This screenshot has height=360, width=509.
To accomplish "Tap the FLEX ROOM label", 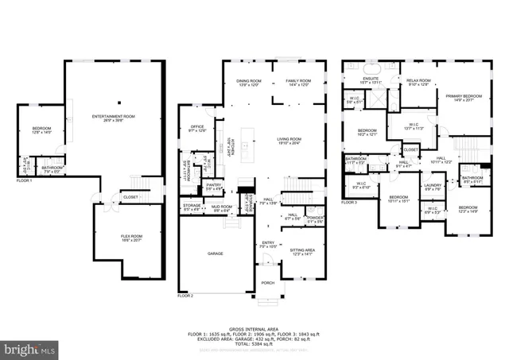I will pyautogui.click(x=131, y=236).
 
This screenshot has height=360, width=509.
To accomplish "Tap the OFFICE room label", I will pyautogui.click(x=197, y=128).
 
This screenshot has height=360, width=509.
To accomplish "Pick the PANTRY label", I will pyautogui.click(x=214, y=186).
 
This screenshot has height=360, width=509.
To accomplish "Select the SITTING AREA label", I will pyautogui.click(x=300, y=252).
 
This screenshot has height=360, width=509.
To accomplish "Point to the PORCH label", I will pyautogui.click(x=268, y=283).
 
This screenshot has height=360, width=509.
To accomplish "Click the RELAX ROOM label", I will pyautogui.click(x=418, y=81).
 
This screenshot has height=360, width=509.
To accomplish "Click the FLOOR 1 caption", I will pyautogui.click(x=25, y=181).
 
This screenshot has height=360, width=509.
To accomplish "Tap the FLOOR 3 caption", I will pyautogui.click(x=349, y=203).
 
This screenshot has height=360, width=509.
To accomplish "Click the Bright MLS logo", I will pyautogui.click(x=29, y=349).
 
